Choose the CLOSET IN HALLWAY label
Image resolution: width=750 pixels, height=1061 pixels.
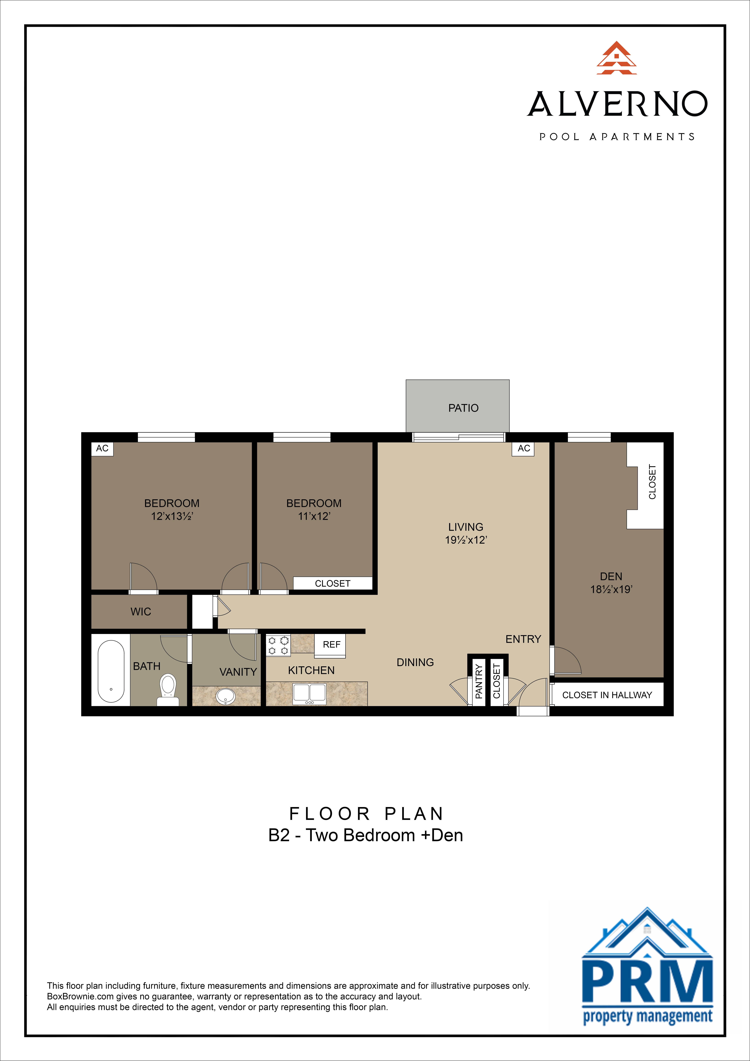tap(607, 695)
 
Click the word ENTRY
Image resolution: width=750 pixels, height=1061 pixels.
tap(523, 639)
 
